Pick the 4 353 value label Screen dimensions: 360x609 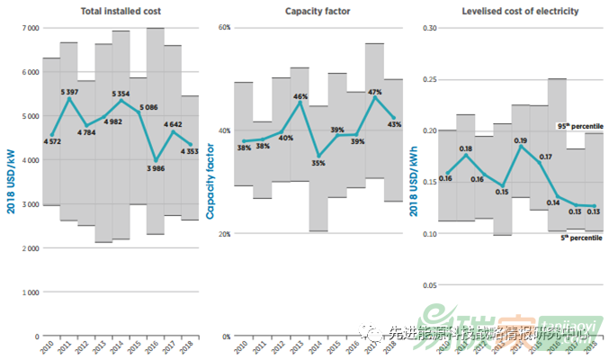tap(188, 151)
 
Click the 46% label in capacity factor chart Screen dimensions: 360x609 tap(300, 96)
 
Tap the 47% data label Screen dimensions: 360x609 tap(375, 92)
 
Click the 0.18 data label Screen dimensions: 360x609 tap(465, 148)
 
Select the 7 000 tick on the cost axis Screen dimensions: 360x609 tap(29, 28)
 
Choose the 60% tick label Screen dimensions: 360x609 tap(224, 28)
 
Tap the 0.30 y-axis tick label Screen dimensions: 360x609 tap(429, 28)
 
